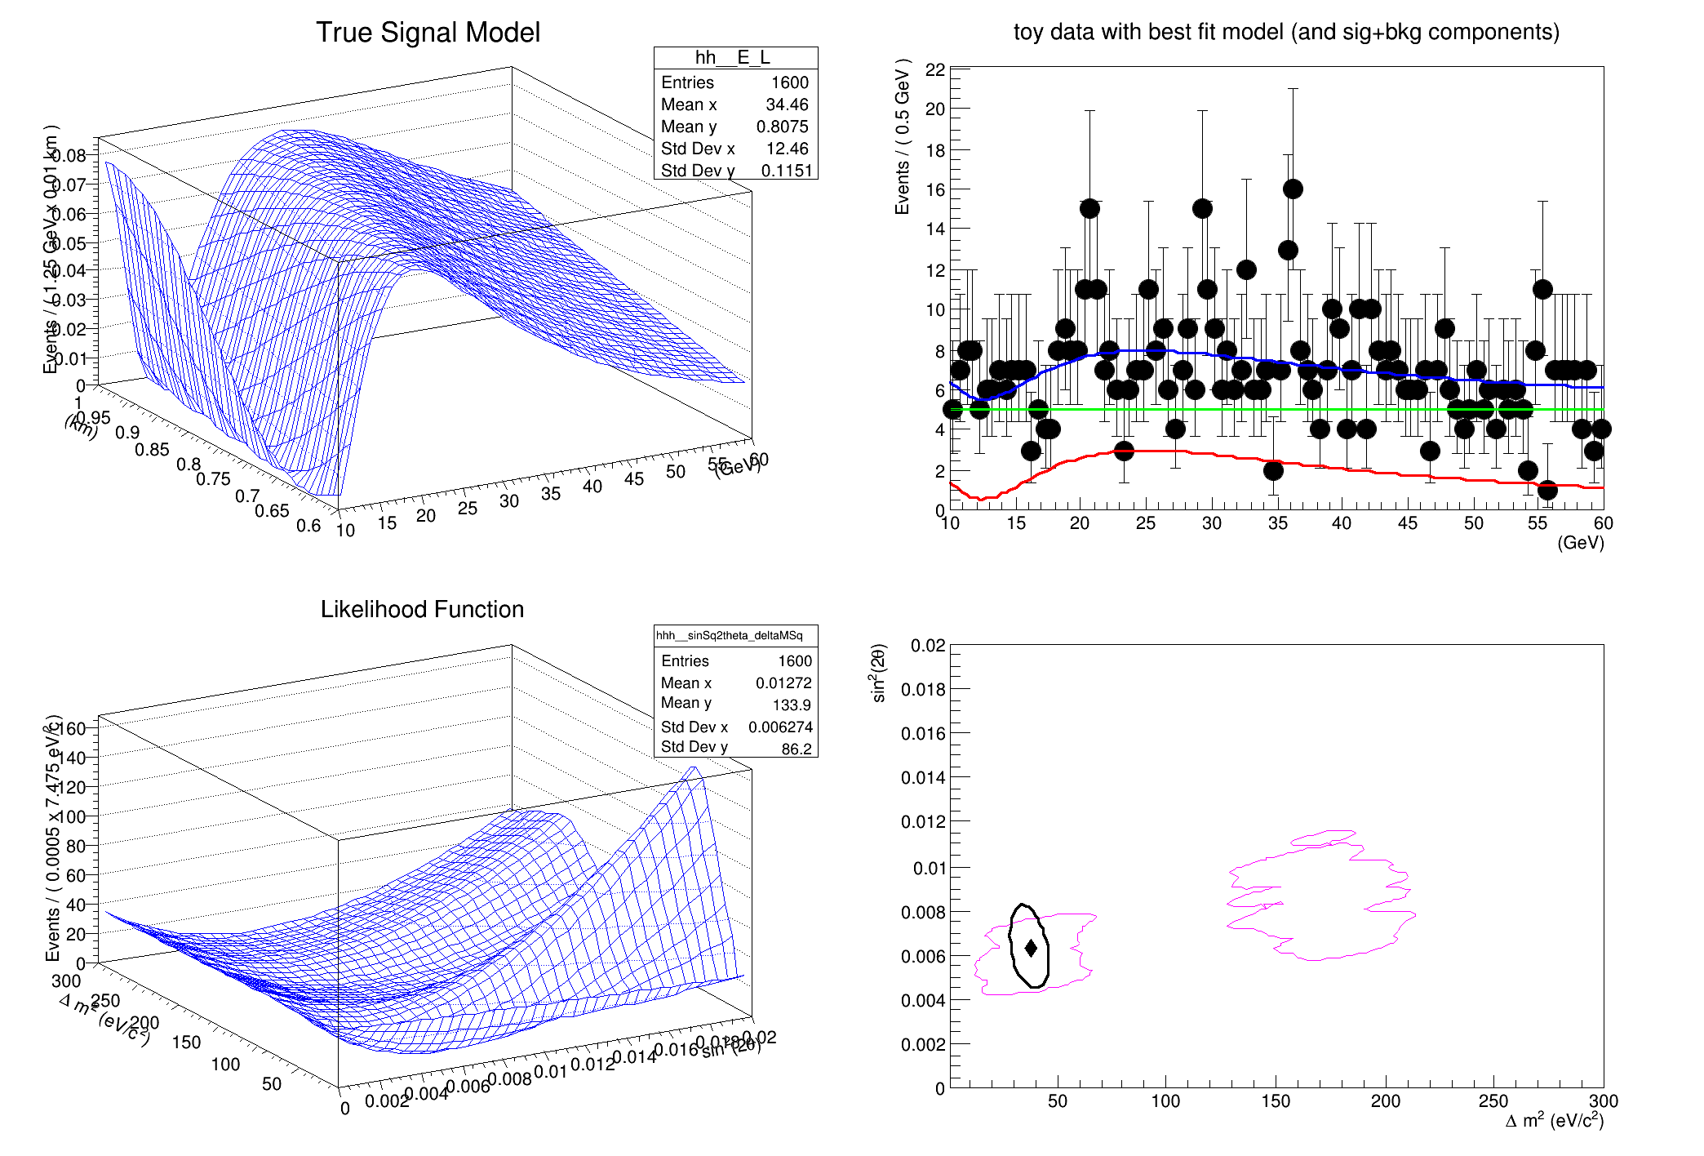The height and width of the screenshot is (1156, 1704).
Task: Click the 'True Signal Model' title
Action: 428,33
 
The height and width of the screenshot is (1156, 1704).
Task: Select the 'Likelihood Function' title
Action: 422,609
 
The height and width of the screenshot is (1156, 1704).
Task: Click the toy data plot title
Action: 1286,32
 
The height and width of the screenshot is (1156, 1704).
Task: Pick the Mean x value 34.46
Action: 787,104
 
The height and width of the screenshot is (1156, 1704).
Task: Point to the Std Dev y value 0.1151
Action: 787,171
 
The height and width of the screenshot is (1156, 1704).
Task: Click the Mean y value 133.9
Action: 792,705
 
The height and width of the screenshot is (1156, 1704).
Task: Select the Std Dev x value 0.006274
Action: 780,727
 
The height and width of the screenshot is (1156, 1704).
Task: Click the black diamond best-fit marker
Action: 1031,948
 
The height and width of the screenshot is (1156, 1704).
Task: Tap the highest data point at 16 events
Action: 1293,189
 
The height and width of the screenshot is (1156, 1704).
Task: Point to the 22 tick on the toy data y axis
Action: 935,70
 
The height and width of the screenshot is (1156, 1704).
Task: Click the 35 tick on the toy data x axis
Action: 1278,523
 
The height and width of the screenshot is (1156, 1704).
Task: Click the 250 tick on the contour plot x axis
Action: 1493,1101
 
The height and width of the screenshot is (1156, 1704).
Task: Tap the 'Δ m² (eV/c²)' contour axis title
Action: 1554,1121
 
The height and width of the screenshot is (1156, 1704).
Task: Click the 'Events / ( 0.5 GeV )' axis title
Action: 902,136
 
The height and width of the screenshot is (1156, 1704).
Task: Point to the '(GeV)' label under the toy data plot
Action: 1580,543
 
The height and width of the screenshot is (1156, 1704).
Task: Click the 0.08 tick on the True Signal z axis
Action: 71,155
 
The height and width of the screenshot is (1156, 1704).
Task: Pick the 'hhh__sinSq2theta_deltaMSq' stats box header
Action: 730,635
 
